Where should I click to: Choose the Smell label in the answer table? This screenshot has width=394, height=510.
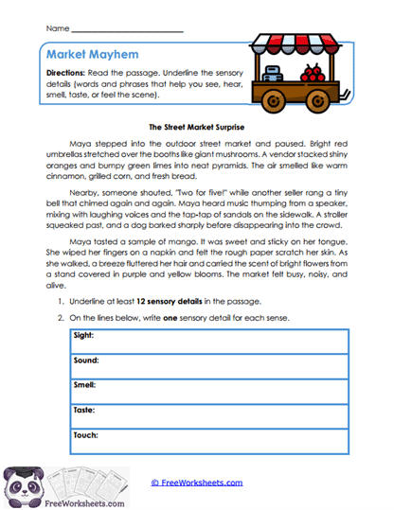(x=85, y=385)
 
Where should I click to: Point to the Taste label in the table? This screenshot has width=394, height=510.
(x=84, y=410)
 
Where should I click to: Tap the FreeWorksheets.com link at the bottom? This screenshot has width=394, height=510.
(x=197, y=482)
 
